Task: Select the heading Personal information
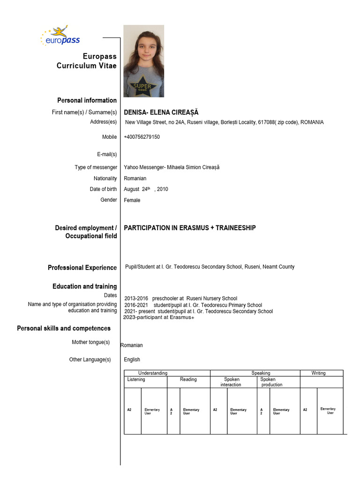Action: [87, 100]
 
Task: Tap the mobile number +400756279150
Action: [142, 137]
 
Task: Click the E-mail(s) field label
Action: [107, 154]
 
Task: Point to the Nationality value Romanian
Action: [135, 178]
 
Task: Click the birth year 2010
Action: [163, 189]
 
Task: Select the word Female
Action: [132, 200]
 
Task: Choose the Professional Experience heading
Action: [82, 268]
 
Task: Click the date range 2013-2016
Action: [136, 298]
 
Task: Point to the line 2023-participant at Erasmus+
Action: [158, 317]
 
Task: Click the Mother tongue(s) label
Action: [90, 342]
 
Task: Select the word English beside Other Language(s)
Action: [132, 360]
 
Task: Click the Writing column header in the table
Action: [318, 373]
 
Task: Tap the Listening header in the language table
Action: [136, 379]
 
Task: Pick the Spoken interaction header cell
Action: [231, 382]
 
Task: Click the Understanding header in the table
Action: [152, 373]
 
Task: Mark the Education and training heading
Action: [84, 286]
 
